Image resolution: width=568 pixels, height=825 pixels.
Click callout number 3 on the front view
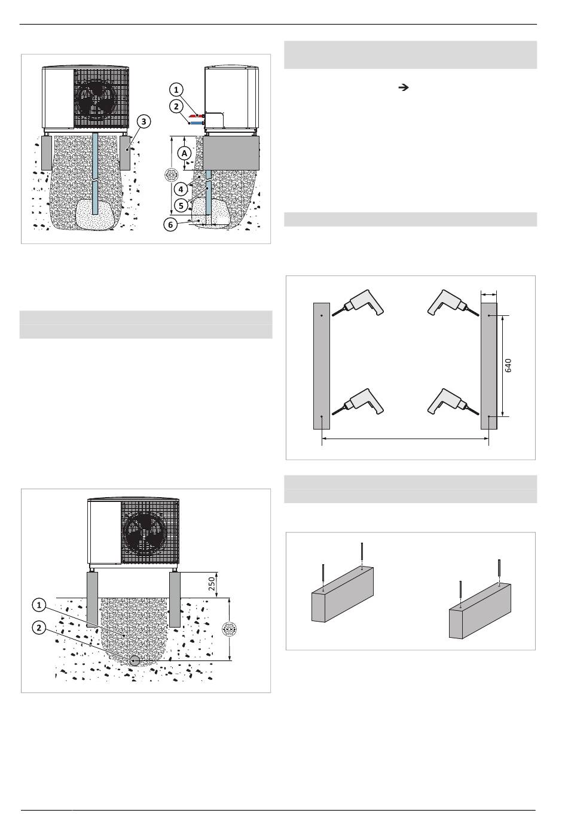click(x=143, y=121)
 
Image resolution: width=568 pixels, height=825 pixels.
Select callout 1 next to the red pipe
click(x=176, y=90)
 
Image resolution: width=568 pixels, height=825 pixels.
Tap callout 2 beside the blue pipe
click(x=176, y=106)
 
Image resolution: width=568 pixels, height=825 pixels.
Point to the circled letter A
click(x=184, y=153)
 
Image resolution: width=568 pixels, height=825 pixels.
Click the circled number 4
click(x=181, y=189)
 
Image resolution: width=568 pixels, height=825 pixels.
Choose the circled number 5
click(x=181, y=206)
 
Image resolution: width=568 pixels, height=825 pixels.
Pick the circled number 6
click(x=170, y=224)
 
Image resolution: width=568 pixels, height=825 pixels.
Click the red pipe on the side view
click(x=196, y=116)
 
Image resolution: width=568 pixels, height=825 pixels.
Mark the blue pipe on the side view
click(x=197, y=123)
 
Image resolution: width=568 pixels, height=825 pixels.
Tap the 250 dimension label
click(x=211, y=584)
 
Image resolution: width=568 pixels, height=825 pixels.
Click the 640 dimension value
click(x=508, y=366)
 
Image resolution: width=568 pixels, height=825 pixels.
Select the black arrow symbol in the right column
click(x=404, y=88)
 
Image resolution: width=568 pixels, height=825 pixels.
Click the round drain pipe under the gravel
click(x=135, y=660)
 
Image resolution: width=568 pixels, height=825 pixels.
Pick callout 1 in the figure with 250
click(x=39, y=605)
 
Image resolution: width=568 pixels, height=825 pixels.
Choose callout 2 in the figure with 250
click(x=39, y=628)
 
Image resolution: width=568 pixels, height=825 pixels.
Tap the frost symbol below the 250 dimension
click(x=229, y=629)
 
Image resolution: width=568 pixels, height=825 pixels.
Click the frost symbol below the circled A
click(x=170, y=175)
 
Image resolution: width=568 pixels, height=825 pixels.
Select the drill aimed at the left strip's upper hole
click(x=358, y=303)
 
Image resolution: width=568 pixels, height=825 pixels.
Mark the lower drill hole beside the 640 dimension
click(x=489, y=416)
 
